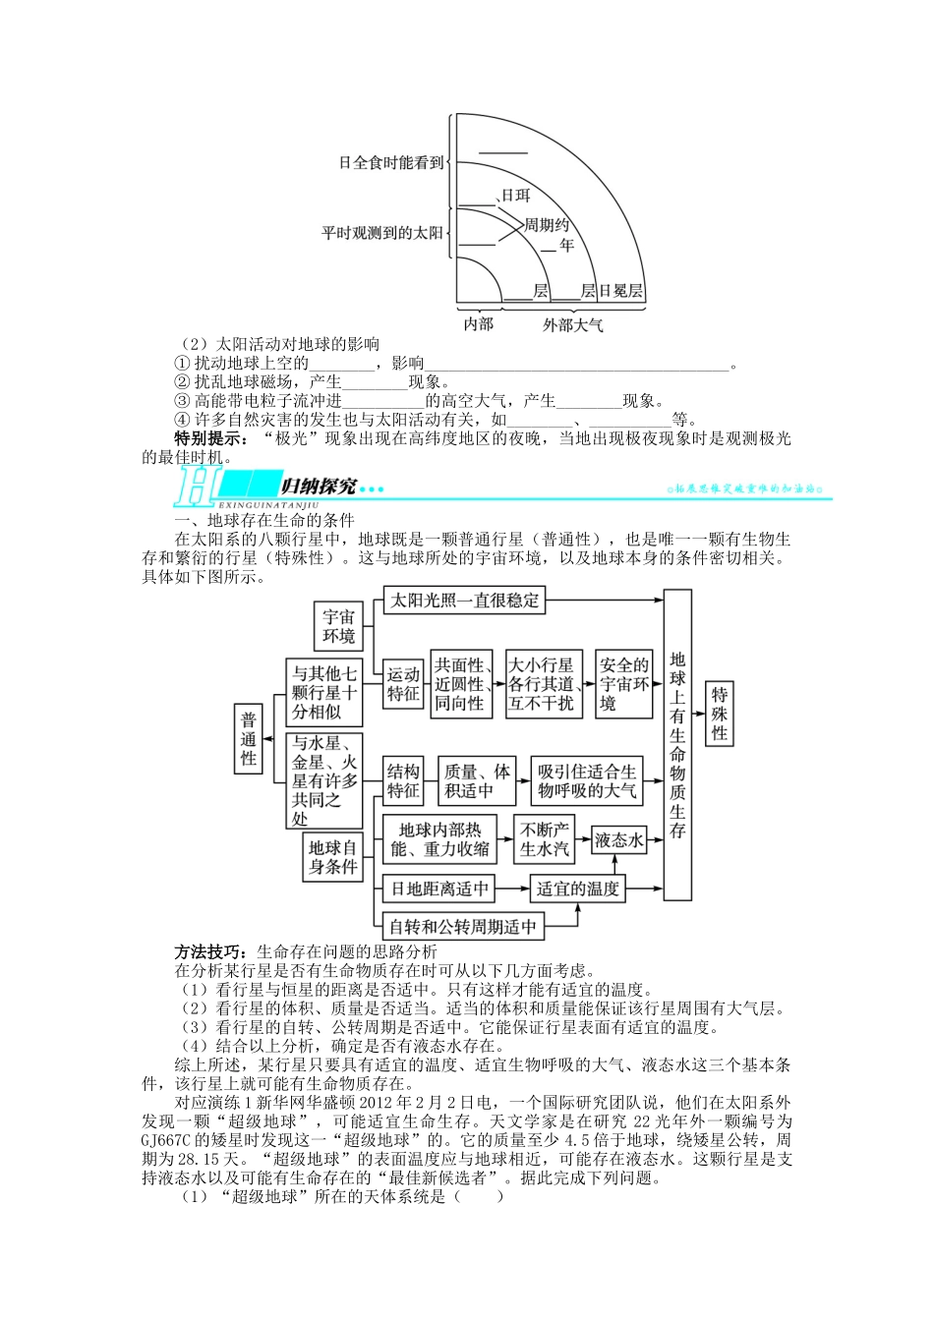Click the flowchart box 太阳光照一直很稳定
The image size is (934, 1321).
coord(464,600)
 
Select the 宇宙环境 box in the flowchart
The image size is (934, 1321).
coord(338,627)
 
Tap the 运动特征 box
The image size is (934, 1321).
coord(403,684)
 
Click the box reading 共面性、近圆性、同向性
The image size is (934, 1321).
coord(460,684)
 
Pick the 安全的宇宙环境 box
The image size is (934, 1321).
coord(623,684)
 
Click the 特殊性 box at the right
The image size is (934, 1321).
coord(720,714)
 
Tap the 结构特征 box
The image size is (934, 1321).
coord(403,781)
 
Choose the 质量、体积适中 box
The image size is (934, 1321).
coord(476,781)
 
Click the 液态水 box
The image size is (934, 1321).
coord(619,840)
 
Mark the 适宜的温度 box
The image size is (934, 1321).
coord(576,889)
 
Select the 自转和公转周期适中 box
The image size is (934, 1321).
coord(463,926)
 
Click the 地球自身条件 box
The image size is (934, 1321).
coord(333,857)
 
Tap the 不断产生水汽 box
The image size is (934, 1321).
coord(544,839)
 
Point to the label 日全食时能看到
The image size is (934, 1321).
coord(391,163)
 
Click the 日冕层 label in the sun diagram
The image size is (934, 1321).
coord(620,291)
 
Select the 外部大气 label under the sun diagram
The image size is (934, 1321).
coord(572,324)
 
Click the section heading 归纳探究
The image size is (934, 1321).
coord(318,487)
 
